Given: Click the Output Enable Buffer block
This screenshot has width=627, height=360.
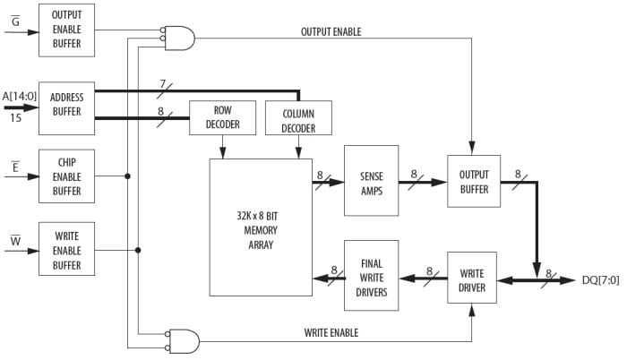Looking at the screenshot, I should click(66, 28).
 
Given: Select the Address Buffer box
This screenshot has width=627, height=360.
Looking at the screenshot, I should click(66, 105).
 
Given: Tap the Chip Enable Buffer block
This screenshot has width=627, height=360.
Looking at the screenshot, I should click(66, 176).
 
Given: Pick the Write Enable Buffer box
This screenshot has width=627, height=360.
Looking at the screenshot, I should click(66, 250).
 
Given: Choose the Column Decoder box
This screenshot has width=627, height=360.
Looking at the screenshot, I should click(298, 118).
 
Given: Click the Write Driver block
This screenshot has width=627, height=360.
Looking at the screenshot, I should click(472, 278).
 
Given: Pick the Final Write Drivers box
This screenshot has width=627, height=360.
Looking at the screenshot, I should click(371, 275).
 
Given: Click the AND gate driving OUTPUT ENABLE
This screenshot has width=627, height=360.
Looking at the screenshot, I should click(180, 37).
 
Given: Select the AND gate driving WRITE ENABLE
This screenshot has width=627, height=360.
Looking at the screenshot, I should click(180, 341).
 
